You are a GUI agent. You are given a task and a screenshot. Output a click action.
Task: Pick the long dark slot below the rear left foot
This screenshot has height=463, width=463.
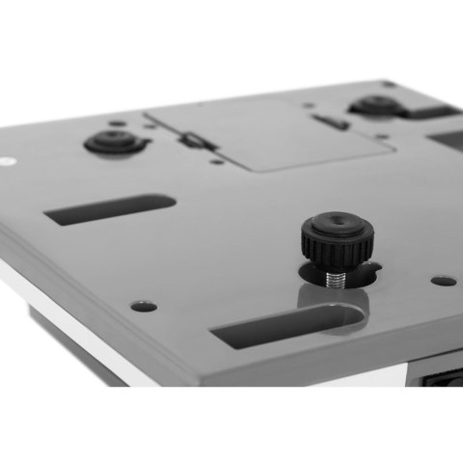tap(110, 209)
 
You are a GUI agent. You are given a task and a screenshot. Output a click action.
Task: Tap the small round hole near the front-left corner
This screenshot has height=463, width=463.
tap(144, 306)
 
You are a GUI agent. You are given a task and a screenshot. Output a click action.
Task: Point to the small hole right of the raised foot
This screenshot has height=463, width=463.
tap(444, 282)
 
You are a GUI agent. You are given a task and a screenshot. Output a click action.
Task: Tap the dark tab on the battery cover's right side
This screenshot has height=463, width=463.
tap(333, 123)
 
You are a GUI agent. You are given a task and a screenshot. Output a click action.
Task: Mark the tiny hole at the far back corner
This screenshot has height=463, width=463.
tap(388, 84)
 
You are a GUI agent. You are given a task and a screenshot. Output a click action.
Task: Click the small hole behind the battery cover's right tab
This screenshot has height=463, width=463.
tap(308, 106)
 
